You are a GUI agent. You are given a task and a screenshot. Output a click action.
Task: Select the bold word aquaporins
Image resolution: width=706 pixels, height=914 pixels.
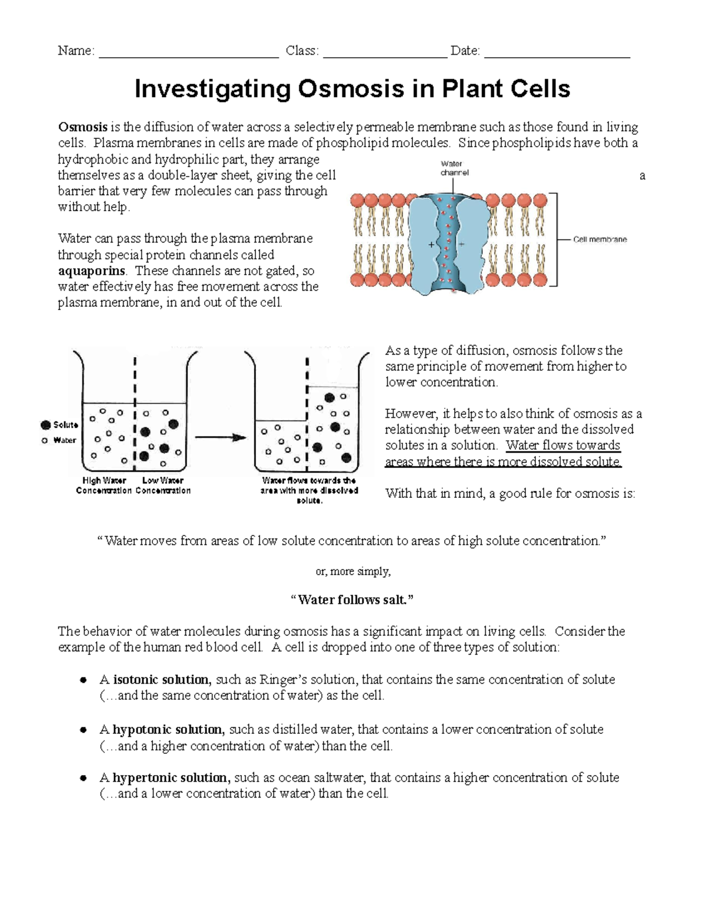tap(91, 271)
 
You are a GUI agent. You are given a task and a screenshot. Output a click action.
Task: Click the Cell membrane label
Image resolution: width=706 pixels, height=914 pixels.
tap(600, 240)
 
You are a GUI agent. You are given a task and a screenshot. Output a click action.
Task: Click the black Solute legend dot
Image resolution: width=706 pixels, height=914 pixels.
tap(45, 425)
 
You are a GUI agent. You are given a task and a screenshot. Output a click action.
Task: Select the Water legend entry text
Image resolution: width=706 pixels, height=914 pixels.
tap(65, 440)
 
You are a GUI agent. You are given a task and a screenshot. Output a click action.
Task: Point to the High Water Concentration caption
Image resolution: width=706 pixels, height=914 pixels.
tap(104, 486)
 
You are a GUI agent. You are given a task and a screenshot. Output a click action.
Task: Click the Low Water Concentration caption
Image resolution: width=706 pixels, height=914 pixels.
tap(163, 486)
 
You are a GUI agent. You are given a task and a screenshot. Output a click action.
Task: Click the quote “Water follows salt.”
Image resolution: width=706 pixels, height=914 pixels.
tap(352, 600)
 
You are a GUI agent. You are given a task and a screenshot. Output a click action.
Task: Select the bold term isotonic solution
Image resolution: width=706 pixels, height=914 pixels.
tap(161, 680)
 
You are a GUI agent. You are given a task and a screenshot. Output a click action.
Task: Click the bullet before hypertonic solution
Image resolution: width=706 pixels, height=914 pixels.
tap(84, 778)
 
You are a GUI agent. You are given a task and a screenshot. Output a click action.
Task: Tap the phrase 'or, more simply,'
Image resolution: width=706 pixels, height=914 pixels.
tap(353, 571)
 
